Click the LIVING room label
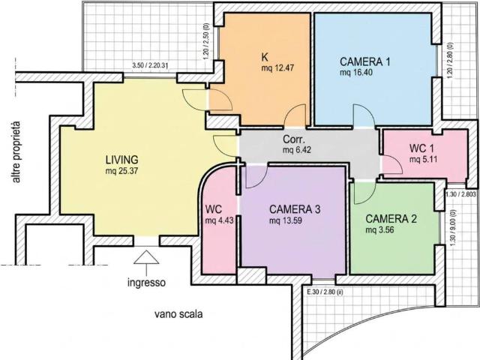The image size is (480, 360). tap(121, 160)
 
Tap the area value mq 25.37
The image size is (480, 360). tap(121, 171)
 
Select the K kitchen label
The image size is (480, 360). tap(265, 57)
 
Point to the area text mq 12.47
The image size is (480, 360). tap(277, 68)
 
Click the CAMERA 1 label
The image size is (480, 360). tap(365, 61)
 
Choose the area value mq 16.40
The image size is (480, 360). tap(356, 73)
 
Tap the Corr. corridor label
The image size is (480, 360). tap(294, 139)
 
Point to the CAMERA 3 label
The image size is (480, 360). tap(295, 209)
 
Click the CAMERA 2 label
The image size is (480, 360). tap(391, 219)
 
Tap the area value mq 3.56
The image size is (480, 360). tap(379, 230)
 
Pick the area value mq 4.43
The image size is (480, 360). tap(220, 220)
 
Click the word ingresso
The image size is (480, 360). tap(147, 282)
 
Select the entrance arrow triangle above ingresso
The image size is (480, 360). tap(146, 257)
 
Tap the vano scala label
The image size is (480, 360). tap(178, 314)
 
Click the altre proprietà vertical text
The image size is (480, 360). tap(16, 152)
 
